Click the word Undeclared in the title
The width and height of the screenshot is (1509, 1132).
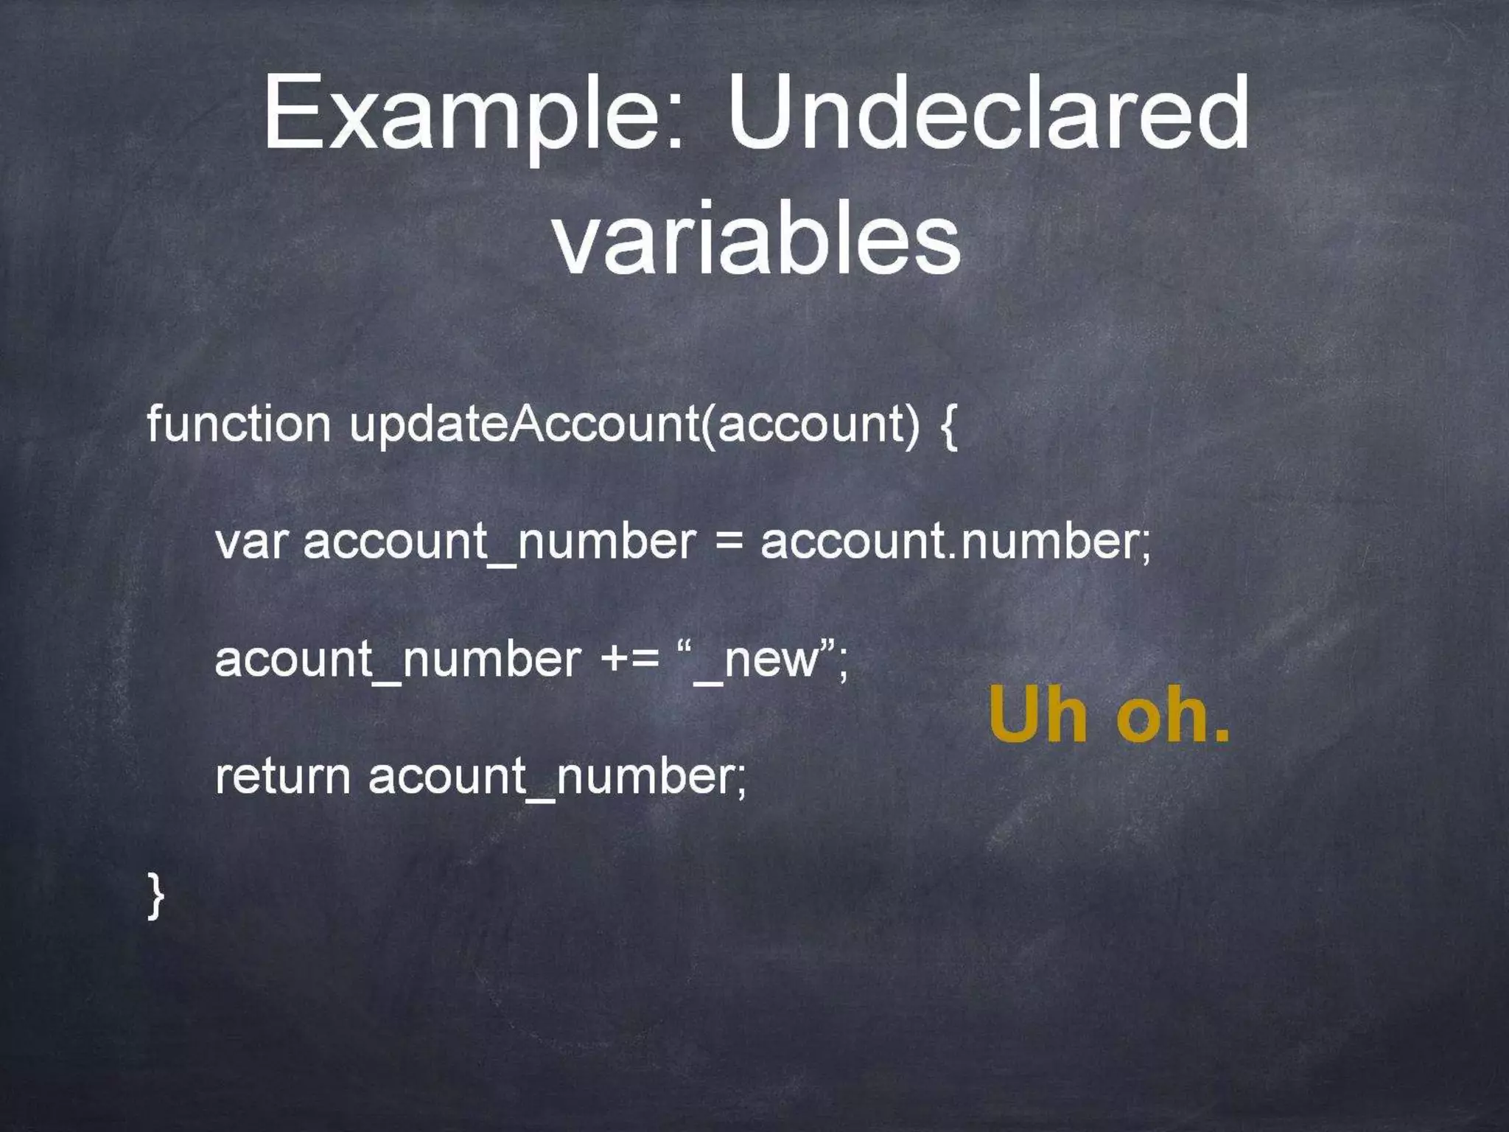(988, 114)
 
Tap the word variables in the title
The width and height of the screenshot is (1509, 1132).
(756, 238)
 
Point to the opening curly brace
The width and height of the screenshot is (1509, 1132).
(948, 426)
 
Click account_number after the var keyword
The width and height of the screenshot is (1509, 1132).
(499, 543)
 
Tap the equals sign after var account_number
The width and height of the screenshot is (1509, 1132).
(728, 543)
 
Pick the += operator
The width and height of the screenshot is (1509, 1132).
(630, 659)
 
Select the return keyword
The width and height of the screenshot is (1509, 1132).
(282, 776)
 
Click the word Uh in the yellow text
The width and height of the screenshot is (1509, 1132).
(1038, 714)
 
